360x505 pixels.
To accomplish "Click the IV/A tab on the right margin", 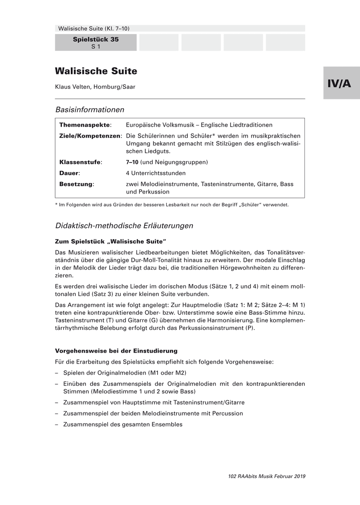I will click(341, 83).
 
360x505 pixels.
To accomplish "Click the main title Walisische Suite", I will click(96, 71).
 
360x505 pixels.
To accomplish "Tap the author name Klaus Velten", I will click(95, 87).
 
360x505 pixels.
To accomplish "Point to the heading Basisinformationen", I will click(90, 110).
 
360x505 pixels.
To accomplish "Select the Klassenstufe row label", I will click(80, 162).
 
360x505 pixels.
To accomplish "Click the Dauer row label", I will click(69, 173).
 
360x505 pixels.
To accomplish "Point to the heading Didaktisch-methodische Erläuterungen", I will click(124, 226).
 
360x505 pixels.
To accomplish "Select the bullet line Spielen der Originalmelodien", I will click(125, 373).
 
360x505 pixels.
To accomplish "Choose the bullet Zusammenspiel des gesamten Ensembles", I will click(123, 424).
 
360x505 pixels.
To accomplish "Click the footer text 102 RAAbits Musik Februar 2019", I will click(267, 476).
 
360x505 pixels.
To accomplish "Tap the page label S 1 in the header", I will click(96, 47).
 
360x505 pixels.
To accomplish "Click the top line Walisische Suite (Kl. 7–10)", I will click(94, 29).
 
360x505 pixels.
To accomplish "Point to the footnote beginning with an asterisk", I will click(172, 205).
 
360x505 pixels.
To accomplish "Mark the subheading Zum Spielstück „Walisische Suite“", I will click(111, 242).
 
